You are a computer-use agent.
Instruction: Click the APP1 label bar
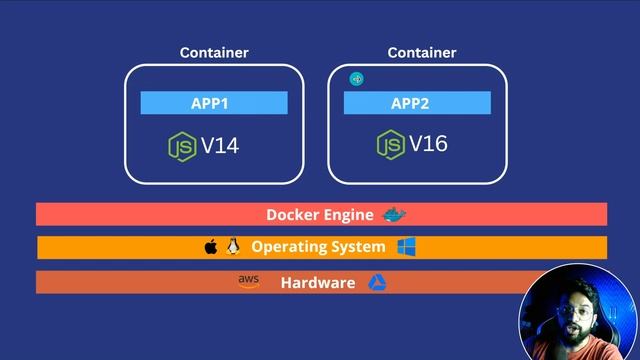(213, 103)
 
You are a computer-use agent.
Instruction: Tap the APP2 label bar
(417, 103)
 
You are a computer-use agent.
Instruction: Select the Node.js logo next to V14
(182, 146)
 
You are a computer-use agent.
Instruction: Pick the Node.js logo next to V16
(390, 144)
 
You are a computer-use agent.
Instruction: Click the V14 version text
(220, 146)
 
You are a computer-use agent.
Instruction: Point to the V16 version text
(428, 144)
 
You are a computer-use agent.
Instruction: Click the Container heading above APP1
(214, 52)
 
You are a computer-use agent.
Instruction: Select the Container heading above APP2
(421, 52)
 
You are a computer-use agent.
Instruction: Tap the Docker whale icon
(396, 214)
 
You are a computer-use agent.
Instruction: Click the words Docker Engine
(319, 215)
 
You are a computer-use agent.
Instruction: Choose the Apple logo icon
(211, 246)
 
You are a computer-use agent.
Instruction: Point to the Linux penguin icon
(234, 246)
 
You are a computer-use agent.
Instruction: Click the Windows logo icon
(406, 246)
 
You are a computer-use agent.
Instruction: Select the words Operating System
(318, 247)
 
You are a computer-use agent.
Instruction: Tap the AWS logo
(248, 282)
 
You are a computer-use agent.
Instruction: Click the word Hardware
(317, 283)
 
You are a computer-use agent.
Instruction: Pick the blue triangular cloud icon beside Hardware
(377, 282)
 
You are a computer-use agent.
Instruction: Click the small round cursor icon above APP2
(356, 79)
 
